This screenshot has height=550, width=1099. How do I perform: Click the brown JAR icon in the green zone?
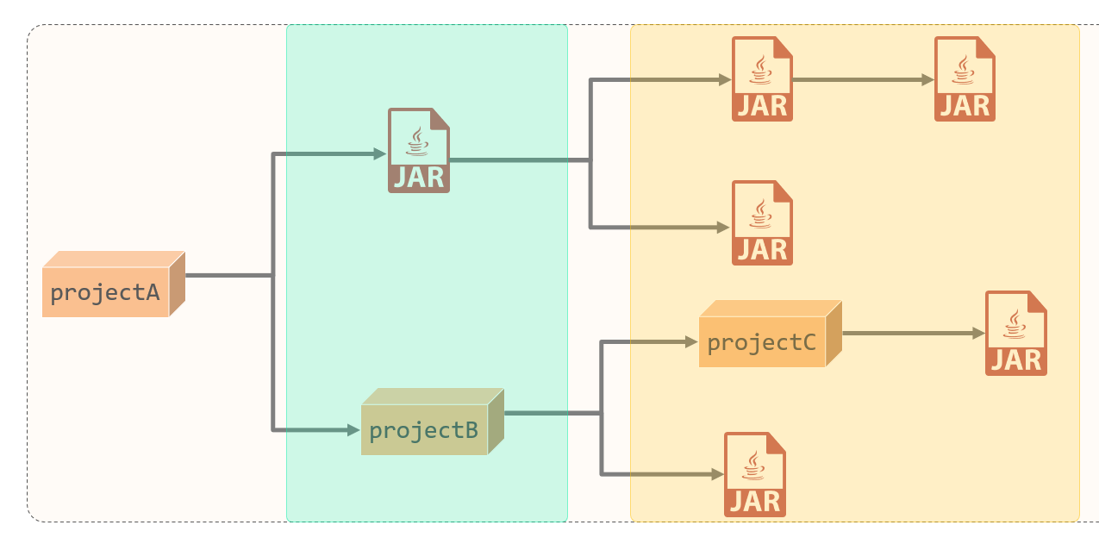(x=419, y=150)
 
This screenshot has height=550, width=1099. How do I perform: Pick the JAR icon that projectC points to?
(x=1016, y=333)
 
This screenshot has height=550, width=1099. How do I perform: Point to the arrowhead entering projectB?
(x=354, y=429)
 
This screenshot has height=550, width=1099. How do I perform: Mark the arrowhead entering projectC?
(x=691, y=342)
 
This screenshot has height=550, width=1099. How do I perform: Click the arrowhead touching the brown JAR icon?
(x=380, y=154)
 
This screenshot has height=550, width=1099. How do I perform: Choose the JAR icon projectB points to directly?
(x=755, y=474)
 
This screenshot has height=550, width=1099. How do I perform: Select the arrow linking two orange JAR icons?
(x=862, y=80)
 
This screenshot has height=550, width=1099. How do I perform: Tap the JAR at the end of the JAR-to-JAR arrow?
(x=965, y=78)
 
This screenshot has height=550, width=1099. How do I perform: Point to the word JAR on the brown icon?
(x=419, y=177)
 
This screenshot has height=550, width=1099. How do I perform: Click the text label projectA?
(x=105, y=292)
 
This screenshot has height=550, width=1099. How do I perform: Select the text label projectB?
(x=423, y=430)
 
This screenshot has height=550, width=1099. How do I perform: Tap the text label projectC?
(x=761, y=342)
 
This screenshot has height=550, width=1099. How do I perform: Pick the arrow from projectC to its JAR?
(x=912, y=333)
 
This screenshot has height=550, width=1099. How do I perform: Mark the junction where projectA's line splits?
(x=273, y=276)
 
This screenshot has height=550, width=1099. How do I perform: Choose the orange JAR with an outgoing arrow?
(x=762, y=78)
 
